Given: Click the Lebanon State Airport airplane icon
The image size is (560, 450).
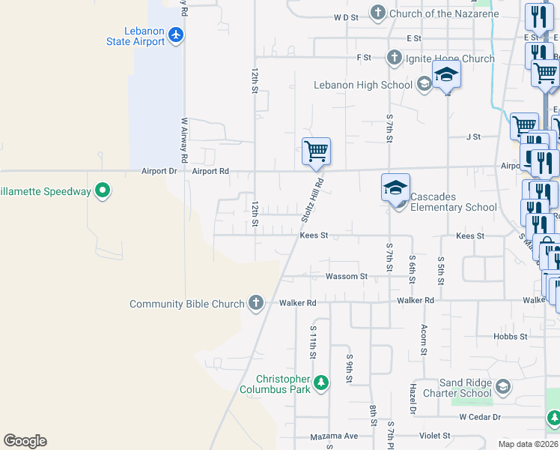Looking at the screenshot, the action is click(x=176, y=35).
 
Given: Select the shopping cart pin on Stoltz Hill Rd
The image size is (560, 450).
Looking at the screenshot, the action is click(x=316, y=151).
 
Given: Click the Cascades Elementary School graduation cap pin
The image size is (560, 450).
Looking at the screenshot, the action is click(x=395, y=187).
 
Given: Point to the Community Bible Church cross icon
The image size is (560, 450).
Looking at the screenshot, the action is click(x=256, y=303).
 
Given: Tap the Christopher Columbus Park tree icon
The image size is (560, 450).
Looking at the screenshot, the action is click(x=321, y=383).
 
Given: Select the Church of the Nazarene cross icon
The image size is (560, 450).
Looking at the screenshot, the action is click(x=378, y=13).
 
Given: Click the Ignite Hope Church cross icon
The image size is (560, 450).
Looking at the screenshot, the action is click(x=394, y=58).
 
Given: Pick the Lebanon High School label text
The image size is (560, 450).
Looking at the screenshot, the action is click(x=362, y=85).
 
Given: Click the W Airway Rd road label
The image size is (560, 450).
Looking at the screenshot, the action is click(x=183, y=139).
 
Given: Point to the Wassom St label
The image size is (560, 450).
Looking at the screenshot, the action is click(x=347, y=276).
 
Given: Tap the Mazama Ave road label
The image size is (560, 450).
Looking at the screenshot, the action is click(x=335, y=436).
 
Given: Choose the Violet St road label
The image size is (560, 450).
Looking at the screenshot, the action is click(x=434, y=435).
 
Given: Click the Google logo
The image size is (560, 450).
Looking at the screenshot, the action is click(x=25, y=441).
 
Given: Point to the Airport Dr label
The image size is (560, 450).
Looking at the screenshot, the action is click(x=158, y=171).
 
